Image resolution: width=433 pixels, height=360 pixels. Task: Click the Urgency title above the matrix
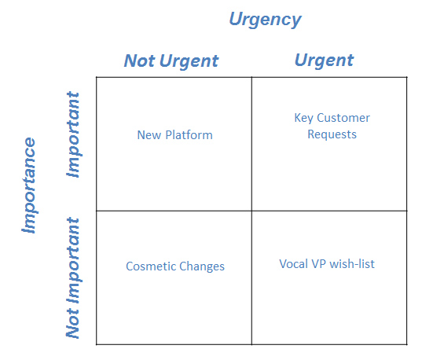click(265, 20)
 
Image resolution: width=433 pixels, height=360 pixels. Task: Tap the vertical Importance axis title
click(29, 186)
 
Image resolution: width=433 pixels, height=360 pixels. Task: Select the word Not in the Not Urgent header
click(139, 61)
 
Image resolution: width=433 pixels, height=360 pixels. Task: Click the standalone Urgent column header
click(325, 61)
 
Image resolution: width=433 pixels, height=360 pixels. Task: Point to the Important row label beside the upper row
click(73, 134)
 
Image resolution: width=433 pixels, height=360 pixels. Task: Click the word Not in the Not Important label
click(72, 324)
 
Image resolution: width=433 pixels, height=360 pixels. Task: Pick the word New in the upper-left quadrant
click(149, 135)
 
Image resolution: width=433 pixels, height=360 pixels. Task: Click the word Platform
click(189, 135)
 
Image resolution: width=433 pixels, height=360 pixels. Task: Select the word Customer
click(343, 118)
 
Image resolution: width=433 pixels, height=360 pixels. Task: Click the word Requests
click(332, 134)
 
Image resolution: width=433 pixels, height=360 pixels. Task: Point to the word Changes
click(202, 266)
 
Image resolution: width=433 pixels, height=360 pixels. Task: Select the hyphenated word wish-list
click(352, 264)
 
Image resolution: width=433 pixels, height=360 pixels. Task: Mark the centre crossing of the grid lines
click(251, 211)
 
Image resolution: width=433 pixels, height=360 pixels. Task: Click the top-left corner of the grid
click(97, 77)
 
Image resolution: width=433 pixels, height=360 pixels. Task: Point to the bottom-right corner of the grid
click(407, 344)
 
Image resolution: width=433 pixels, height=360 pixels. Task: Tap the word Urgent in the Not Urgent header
click(189, 61)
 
